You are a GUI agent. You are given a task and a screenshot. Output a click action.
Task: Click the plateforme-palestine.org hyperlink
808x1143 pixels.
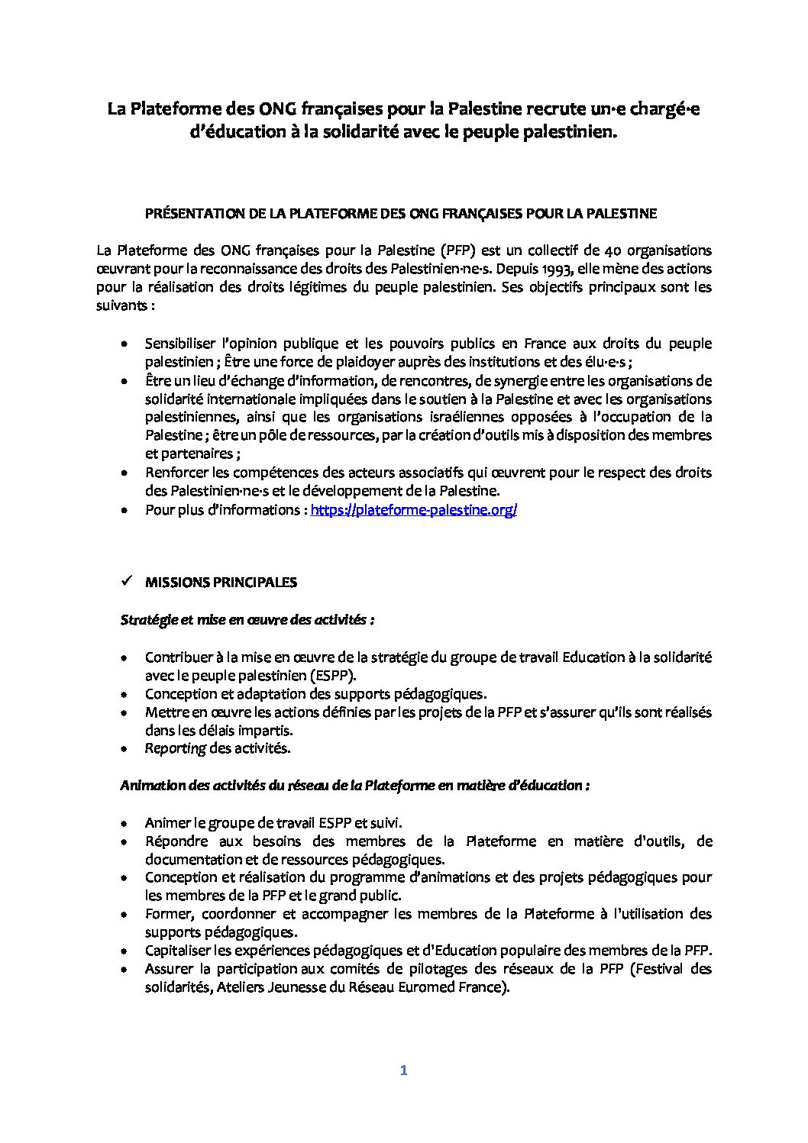tap(413, 510)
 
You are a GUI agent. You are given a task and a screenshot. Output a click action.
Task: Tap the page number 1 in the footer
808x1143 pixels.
tap(404, 1070)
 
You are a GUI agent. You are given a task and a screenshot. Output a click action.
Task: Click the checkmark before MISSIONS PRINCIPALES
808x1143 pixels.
tap(127, 581)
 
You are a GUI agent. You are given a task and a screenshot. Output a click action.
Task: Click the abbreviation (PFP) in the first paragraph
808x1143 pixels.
tap(456, 250)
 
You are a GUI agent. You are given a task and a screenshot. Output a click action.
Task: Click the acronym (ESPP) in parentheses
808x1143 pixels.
tap(334, 676)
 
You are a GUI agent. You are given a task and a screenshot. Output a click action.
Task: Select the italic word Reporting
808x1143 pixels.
tap(175, 748)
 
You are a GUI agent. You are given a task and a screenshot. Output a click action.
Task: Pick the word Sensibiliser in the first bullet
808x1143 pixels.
tap(180, 344)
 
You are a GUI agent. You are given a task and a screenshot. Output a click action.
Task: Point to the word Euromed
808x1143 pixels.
tap(433, 987)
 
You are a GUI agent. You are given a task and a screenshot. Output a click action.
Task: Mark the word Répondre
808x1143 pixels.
tap(174, 841)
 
